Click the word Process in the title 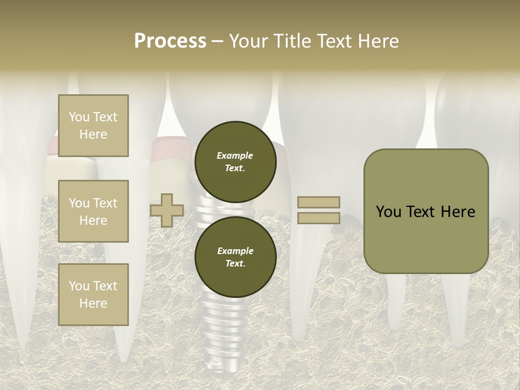(x=170, y=41)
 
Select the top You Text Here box (x=93, y=126)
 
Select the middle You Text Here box (x=93, y=211)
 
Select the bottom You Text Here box (x=93, y=295)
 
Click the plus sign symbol (x=167, y=211)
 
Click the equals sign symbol (x=318, y=210)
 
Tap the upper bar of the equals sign (x=318, y=202)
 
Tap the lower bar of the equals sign (x=318, y=218)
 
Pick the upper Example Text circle (x=236, y=161)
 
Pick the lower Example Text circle (x=236, y=257)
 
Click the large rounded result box (x=426, y=211)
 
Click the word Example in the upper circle (x=235, y=155)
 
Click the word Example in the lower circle (x=235, y=251)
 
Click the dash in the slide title (x=218, y=41)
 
